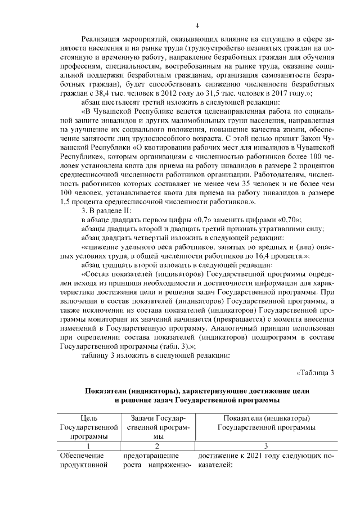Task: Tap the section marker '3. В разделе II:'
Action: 107,210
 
